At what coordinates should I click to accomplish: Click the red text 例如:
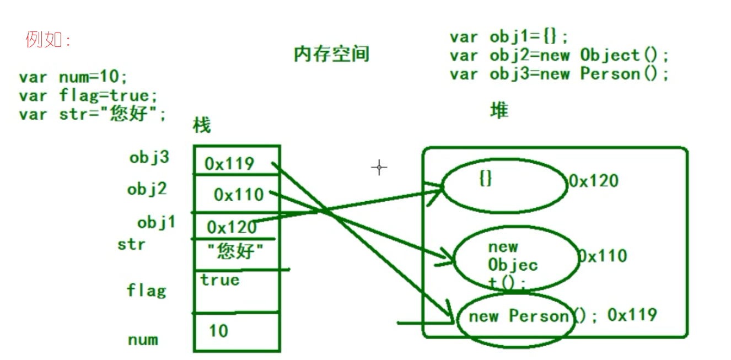point(48,40)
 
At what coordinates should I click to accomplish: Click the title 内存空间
point(331,54)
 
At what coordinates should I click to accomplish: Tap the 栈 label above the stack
point(202,126)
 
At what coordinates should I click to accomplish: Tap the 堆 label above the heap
point(499,111)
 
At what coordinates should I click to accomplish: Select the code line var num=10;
point(73,77)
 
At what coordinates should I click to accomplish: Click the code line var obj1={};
point(509,37)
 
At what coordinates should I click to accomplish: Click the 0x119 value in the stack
point(229,164)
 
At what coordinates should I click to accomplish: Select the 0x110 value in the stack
point(239,195)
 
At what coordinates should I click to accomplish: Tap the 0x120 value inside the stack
point(232,227)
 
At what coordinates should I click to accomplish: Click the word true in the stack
point(220,280)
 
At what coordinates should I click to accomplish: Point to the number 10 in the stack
point(218,331)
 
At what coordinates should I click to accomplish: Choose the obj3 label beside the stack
point(149,158)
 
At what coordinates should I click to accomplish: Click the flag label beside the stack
point(146,289)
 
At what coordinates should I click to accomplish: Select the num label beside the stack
point(143,340)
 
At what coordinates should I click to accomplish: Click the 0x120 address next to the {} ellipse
point(593,181)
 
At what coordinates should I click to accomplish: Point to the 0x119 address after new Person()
point(632,315)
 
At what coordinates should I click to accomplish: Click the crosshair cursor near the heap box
point(379,168)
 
